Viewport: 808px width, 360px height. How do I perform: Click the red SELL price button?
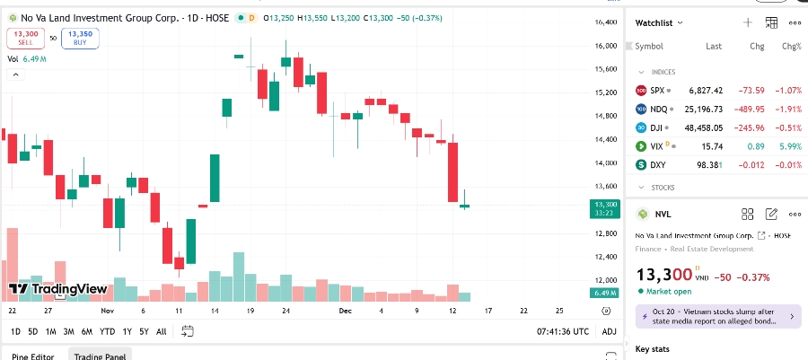click(x=25, y=38)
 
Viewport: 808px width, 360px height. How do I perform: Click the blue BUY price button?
click(x=81, y=38)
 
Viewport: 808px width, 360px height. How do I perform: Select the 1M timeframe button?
click(x=51, y=331)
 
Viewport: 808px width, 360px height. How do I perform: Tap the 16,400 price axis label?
click(x=606, y=22)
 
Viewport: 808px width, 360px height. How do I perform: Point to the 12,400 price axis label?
click(x=606, y=257)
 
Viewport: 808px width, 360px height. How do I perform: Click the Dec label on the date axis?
click(x=345, y=311)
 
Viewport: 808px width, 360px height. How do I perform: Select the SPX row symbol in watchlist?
click(x=657, y=91)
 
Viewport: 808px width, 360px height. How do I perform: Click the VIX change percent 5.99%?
click(x=790, y=146)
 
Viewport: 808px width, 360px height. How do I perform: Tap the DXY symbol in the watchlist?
click(x=657, y=165)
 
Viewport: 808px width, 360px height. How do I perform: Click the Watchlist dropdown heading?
click(x=658, y=22)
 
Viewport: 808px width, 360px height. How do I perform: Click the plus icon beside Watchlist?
click(x=748, y=22)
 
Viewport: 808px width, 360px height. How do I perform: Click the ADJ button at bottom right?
click(x=609, y=331)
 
